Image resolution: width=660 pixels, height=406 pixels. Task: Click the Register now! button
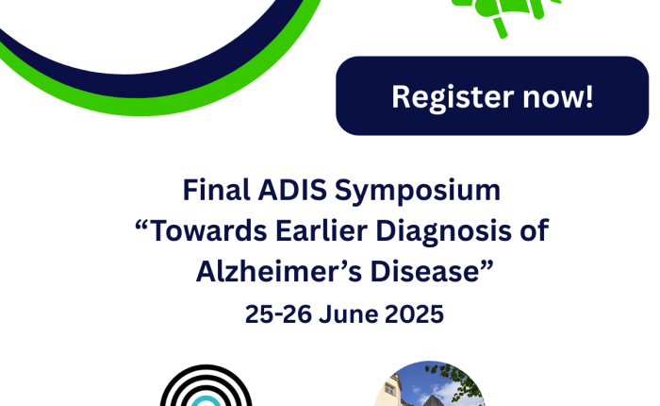tap(492, 95)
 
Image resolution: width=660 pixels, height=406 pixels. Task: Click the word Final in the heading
tap(216, 190)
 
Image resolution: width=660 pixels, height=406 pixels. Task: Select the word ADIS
tap(292, 190)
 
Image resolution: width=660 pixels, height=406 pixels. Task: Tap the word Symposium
tap(418, 191)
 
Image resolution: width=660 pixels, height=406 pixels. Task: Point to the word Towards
tap(208, 230)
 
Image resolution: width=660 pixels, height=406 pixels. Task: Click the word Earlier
tap(321, 230)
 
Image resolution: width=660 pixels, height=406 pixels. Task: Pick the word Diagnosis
tap(443, 232)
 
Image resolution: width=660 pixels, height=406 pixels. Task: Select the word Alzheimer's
tap(279, 271)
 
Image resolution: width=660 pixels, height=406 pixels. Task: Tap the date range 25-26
tap(278, 314)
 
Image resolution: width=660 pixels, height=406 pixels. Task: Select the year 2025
tap(414, 314)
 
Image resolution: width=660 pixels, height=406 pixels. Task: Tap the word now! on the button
tap(558, 97)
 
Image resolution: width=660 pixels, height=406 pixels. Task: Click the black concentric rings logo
tap(206, 385)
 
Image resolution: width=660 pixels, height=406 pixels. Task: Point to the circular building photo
tap(429, 383)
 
